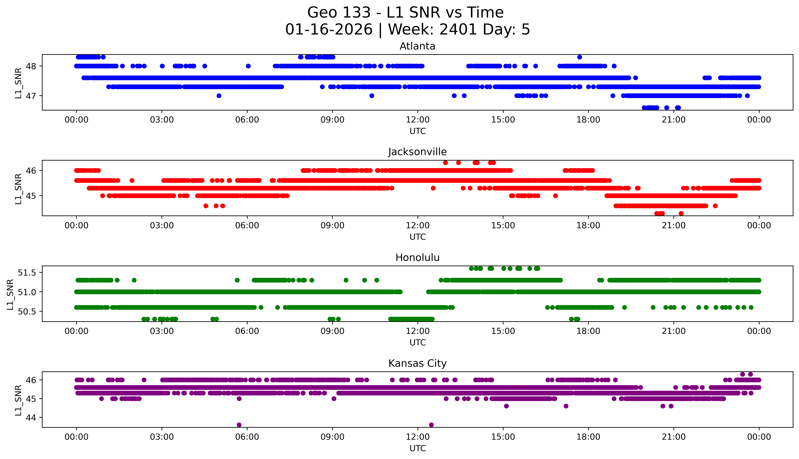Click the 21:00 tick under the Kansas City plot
[674, 437]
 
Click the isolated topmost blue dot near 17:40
[579, 57]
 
